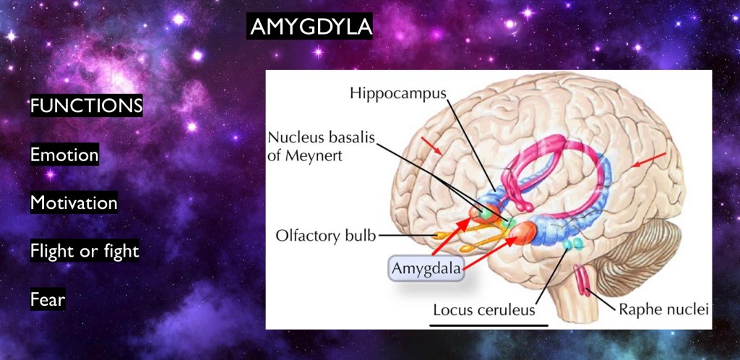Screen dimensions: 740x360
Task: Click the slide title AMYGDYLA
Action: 310,27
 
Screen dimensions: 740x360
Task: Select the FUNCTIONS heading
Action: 87,106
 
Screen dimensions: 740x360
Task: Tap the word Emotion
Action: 64,154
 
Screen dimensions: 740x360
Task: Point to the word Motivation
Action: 74,202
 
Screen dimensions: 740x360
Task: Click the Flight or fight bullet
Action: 85,251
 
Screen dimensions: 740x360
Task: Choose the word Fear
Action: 48,299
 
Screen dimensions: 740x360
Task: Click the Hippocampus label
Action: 398,93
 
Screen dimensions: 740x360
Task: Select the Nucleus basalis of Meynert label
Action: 321,146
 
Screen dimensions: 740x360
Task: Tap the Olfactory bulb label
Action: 326,236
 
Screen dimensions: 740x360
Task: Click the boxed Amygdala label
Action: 426,269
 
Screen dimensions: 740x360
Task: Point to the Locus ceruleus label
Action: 484,310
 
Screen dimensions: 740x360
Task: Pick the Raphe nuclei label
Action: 664,310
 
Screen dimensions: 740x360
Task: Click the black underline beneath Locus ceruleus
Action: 489,325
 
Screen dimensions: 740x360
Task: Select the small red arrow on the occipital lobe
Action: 649,160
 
